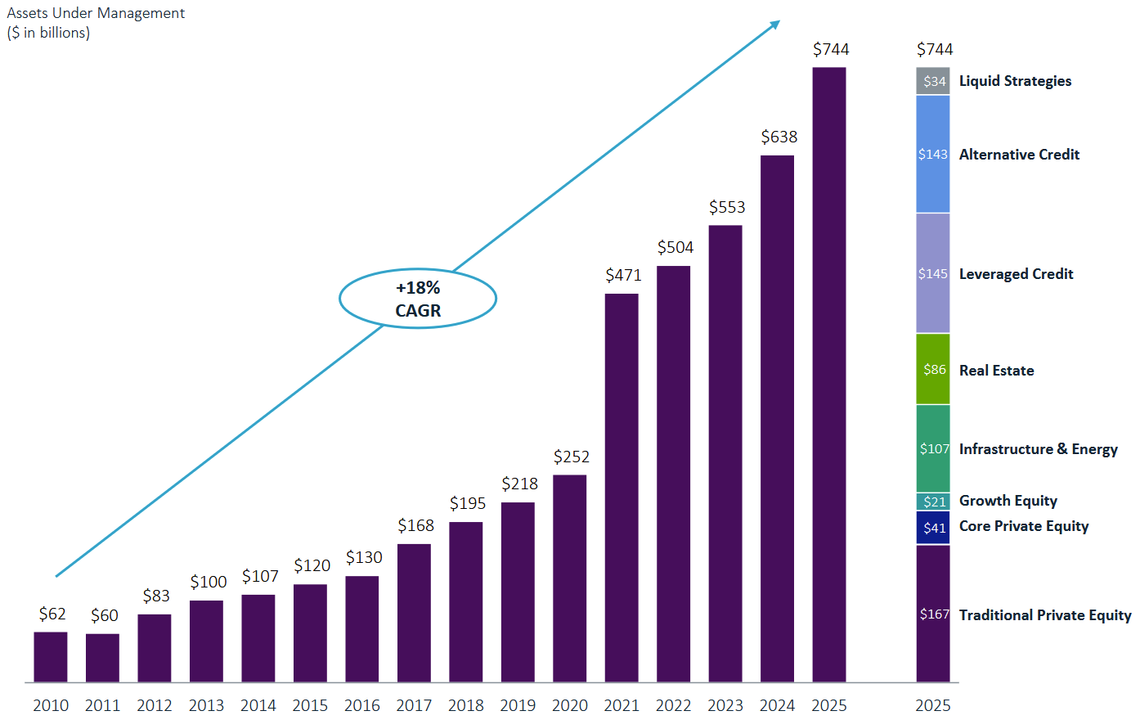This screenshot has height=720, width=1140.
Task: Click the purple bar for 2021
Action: click(x=622, y=488)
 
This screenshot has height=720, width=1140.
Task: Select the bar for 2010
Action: click(x=51, y=657)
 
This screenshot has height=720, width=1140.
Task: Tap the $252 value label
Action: click(x=571, y=457)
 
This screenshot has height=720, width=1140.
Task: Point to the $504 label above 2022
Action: click(x=675, y=247)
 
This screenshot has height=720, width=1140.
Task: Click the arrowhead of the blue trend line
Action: click(x=775, y=24)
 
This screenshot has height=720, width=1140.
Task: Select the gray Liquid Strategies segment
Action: click(x=933, y=81)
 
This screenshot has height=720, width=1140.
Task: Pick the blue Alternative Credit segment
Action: click(x=933, y=154)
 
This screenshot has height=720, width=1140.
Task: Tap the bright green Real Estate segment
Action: click(x=933, y=369)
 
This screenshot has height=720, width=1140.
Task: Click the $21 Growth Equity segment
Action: click(x=933, y=502)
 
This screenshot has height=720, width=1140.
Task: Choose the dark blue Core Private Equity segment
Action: click(x=933, y=528)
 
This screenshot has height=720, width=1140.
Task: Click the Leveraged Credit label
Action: click(x=1016, y=274)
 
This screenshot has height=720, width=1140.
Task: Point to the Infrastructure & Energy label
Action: click(x=1039, y=449)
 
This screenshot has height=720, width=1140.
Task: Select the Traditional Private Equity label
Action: click(x=1045, y=615)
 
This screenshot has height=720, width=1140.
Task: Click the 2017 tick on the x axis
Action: click(x=414, y=705)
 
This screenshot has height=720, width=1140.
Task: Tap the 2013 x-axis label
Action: click(x=206, y=705)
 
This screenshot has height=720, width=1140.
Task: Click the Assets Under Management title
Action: click(x=96, y=13)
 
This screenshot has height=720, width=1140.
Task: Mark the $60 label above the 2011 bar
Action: click(x=105, y=615)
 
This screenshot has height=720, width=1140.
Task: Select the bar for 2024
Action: click(x=777, y=419)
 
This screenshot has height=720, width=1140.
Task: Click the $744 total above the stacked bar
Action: click(x=935, y=49)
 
